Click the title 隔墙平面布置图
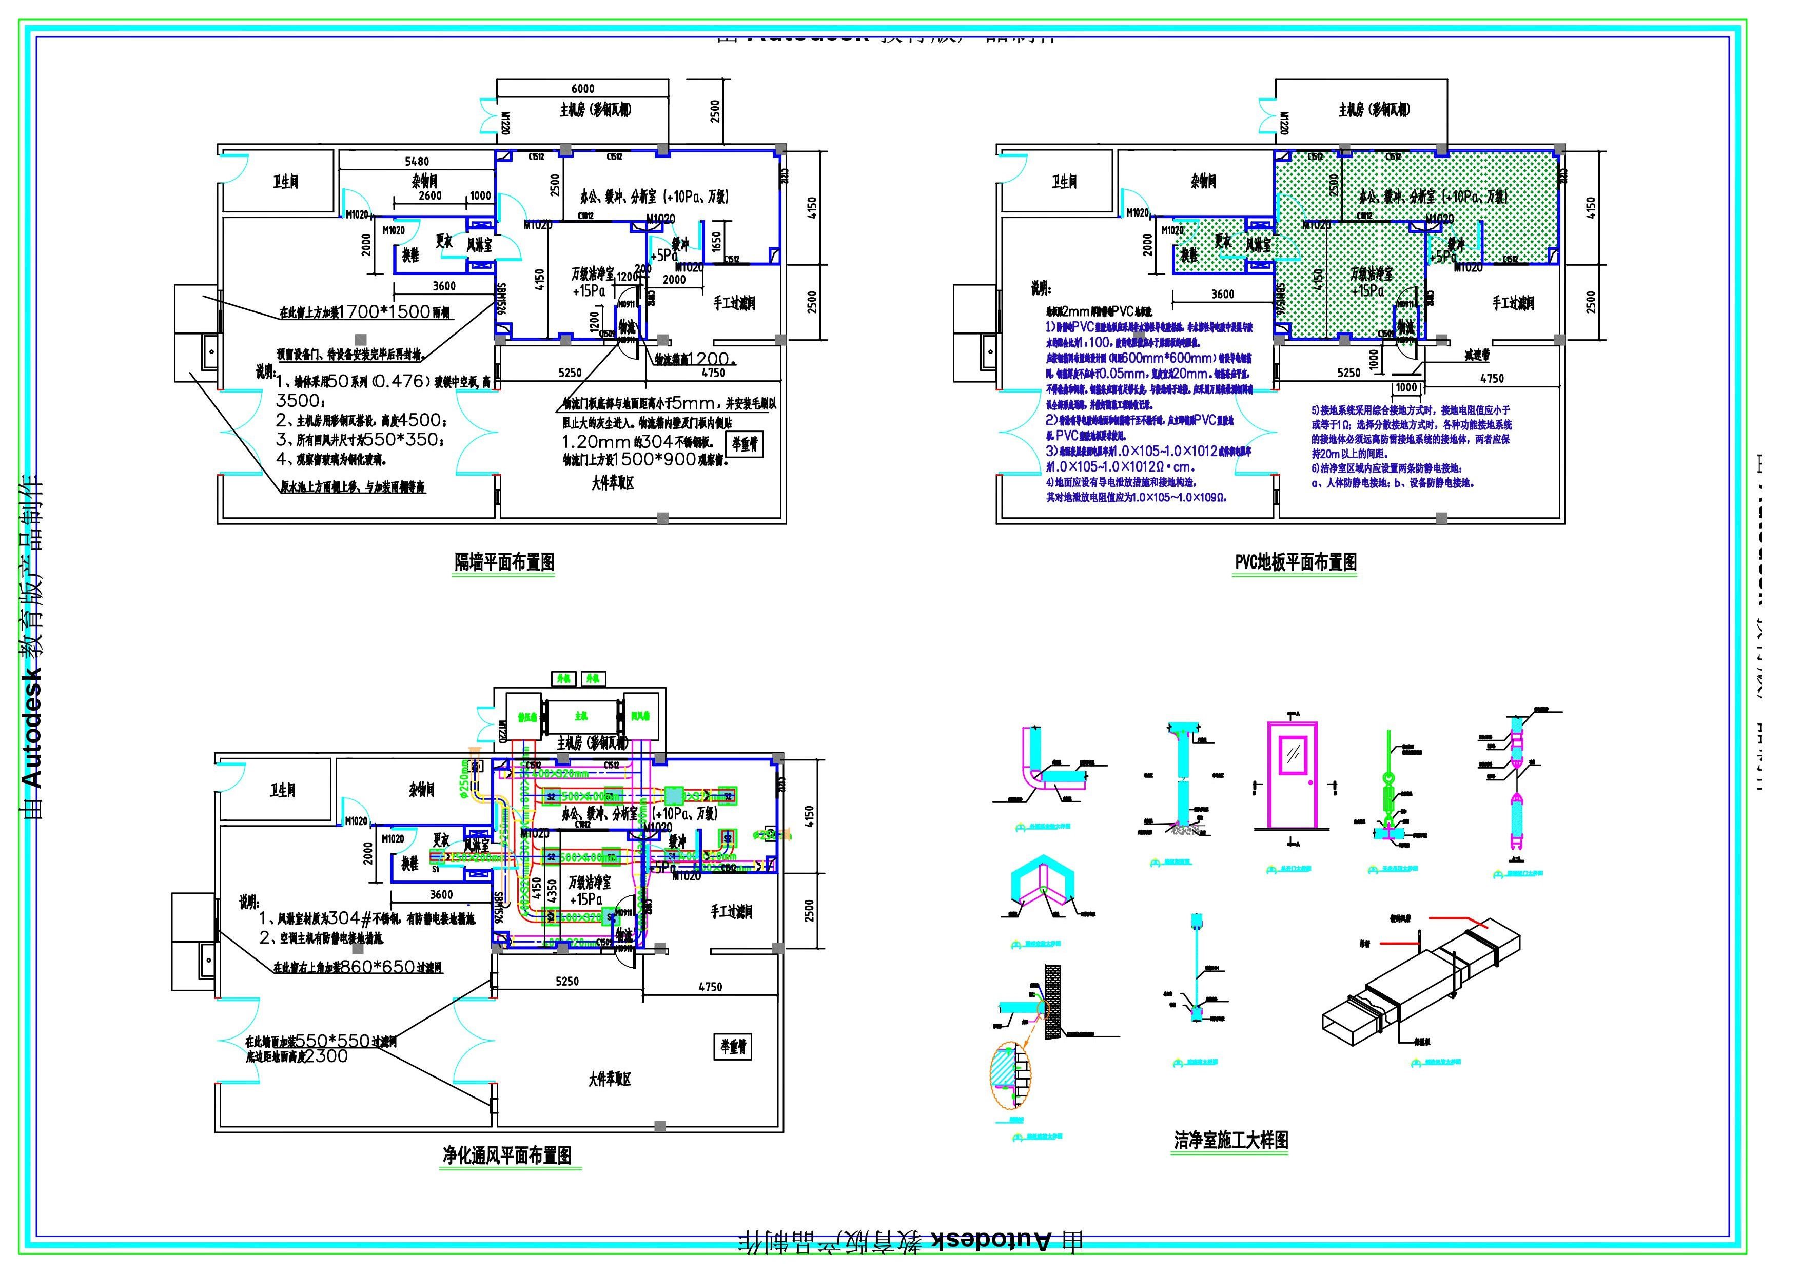[x=504, y=562]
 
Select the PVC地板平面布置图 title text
[x=1295, y=562]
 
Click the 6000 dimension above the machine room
[x=582, y=89]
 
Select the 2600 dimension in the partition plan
[x=429, y=196]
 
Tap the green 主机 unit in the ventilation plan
[x=581, y=716]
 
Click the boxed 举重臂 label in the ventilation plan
[x=733, y=1046]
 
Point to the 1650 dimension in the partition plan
[x=716, y=242]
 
